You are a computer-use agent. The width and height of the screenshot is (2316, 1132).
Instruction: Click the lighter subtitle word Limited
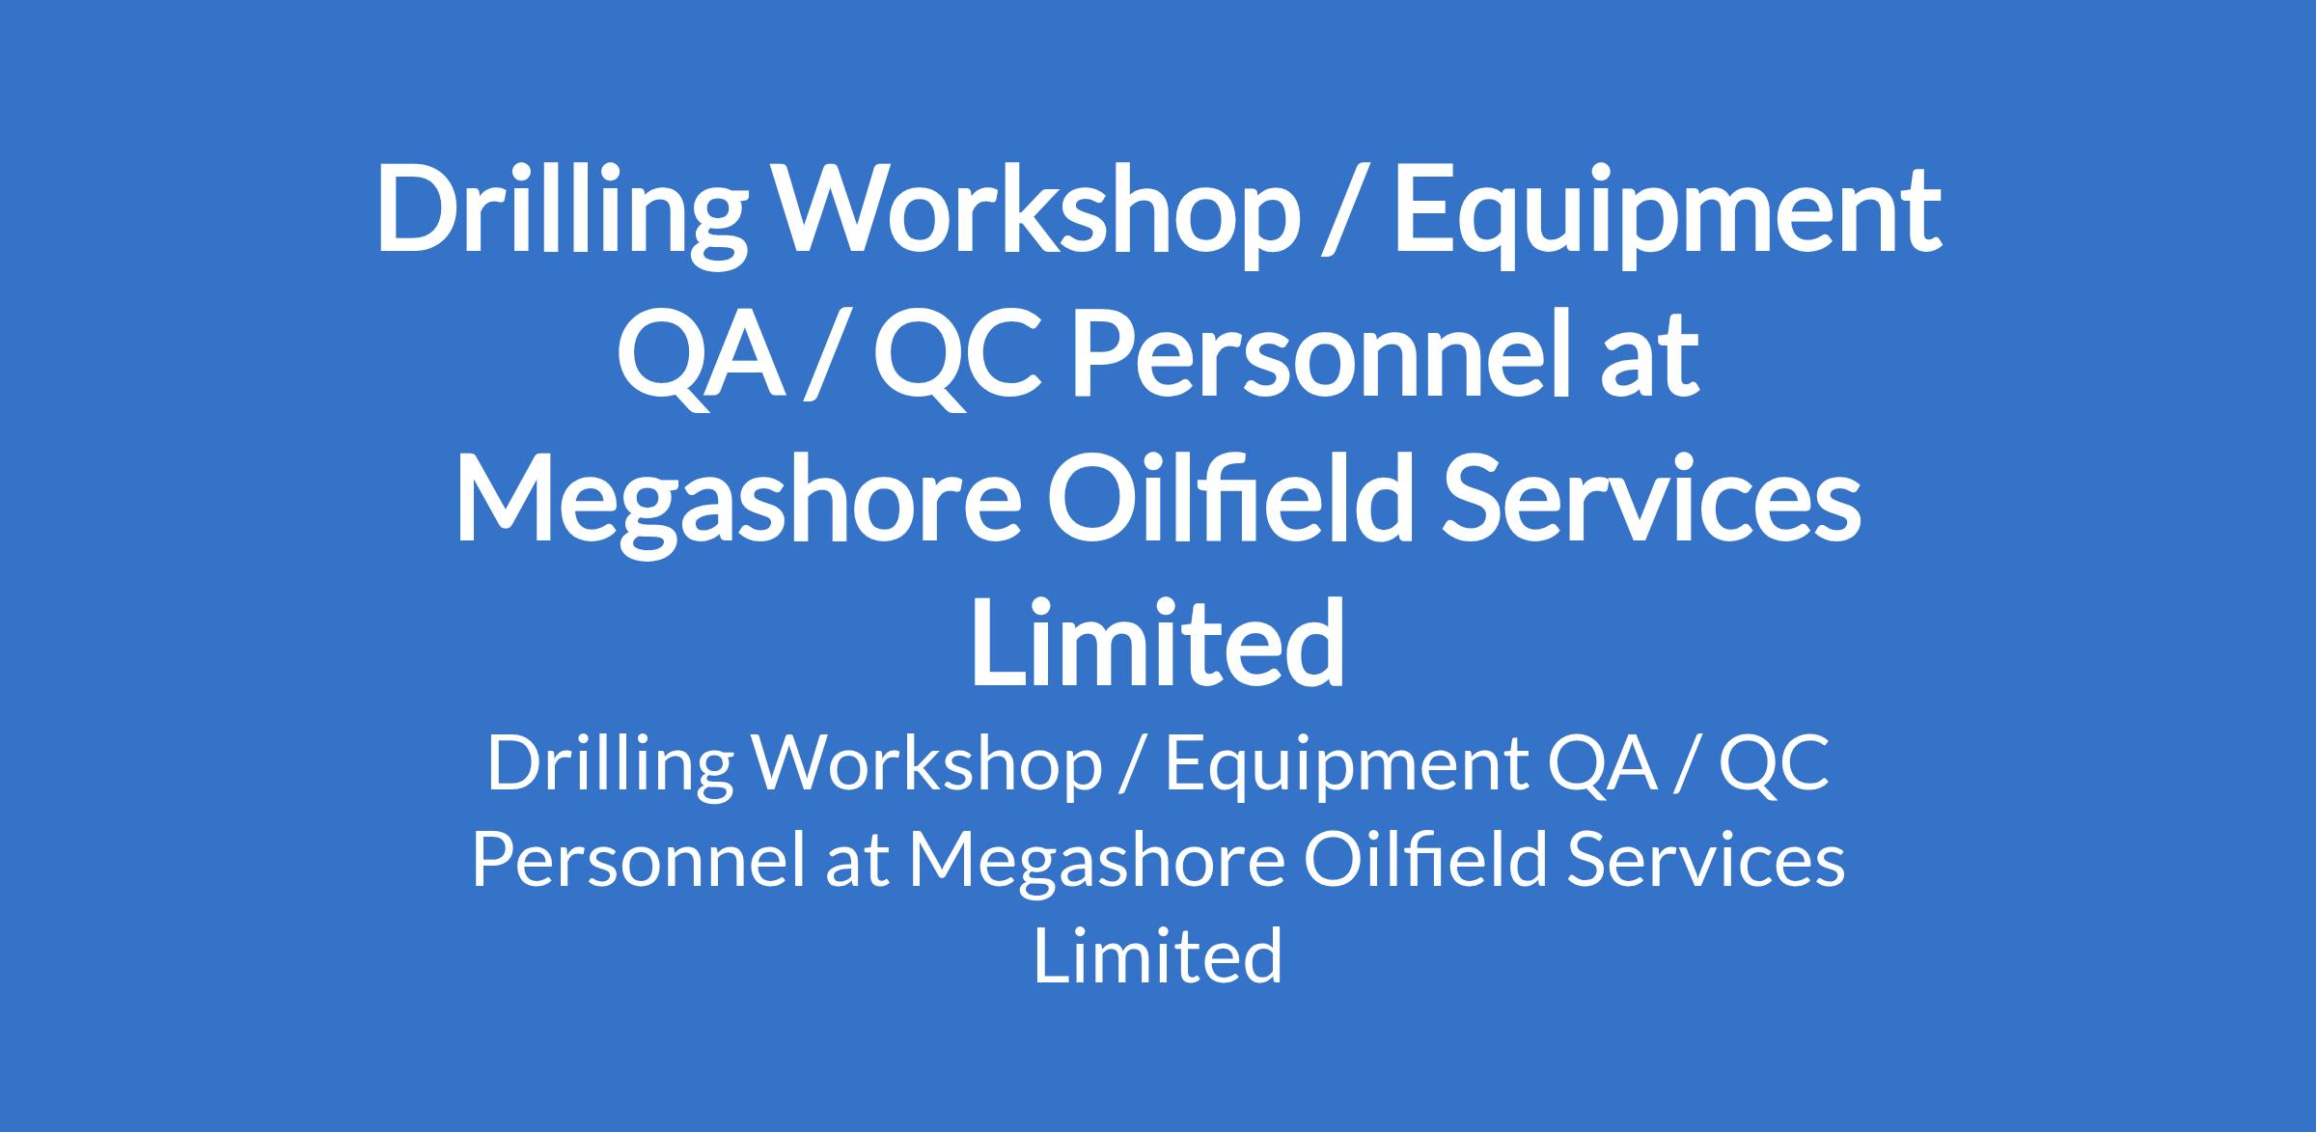[x=1158, y=954]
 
